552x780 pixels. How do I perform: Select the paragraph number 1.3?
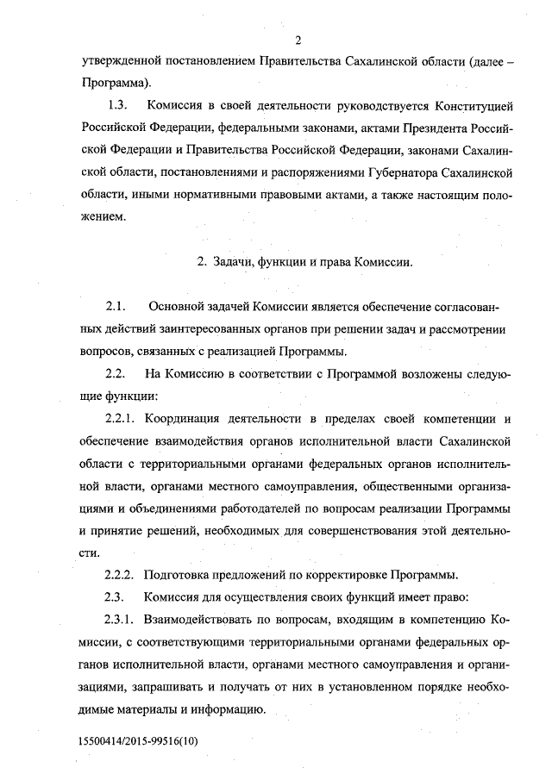click(117, 107)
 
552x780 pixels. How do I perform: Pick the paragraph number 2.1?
click(116, 308)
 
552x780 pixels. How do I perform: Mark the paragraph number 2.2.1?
click(122, 419)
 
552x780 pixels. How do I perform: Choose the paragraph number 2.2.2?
click(122, 575)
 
